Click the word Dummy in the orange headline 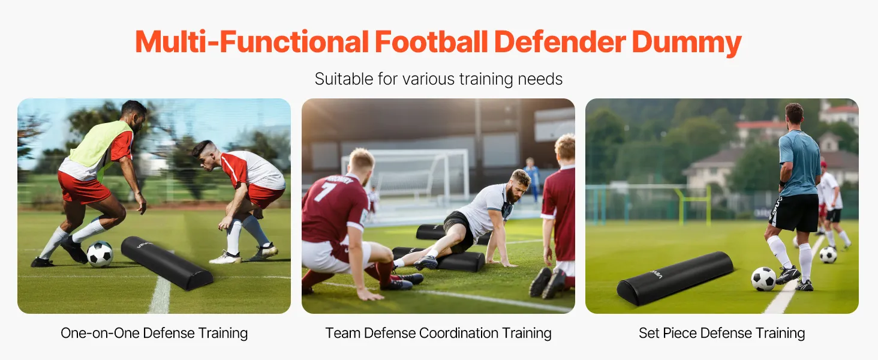point(686,42)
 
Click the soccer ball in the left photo point(100,254)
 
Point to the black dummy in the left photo point(167,263)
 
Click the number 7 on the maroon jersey point(324,193)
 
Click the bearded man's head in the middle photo point(519,184)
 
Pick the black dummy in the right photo point(675,278)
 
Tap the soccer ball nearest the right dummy point(763,279)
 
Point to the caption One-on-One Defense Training point(154,334)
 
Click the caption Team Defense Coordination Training point(438,334)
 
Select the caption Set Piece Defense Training point(721,334)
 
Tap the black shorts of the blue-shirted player point(794,212)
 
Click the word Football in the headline point(431,41)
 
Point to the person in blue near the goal point(532,179)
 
